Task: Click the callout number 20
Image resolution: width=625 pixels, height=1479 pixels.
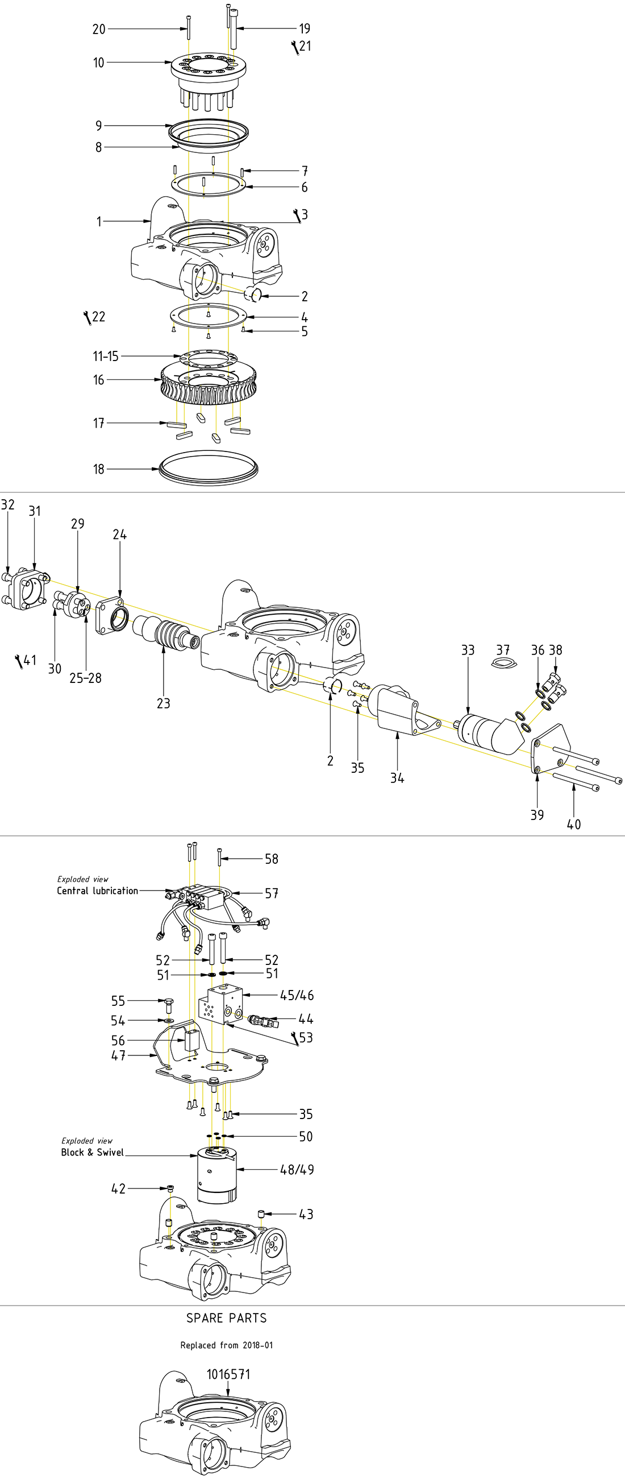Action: click(99, 28)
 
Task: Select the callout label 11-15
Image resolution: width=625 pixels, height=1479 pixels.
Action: click(106, 356)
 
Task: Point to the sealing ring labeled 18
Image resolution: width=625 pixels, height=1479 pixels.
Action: click(209, 469)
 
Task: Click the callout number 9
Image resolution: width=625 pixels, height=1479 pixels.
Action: click(99, 126)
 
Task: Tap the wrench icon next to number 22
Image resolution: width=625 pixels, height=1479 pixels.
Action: click(88, 317)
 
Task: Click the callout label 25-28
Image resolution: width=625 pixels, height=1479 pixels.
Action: click(86, 678)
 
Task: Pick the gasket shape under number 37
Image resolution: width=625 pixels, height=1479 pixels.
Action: click(504, 664)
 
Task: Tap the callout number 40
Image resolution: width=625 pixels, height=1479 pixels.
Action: click(573, 825)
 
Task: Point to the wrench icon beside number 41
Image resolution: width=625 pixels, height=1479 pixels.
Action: click(19, 661)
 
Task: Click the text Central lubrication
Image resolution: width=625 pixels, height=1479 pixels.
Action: click(98, 890)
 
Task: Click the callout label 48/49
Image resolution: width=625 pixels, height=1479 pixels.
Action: click(297, 1170)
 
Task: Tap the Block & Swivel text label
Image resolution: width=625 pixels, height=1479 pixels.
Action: click(93, 1151)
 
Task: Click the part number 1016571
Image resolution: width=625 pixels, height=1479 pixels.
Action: click(228, 1374)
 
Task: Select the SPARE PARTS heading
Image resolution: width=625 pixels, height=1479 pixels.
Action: click(227, 1318)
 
